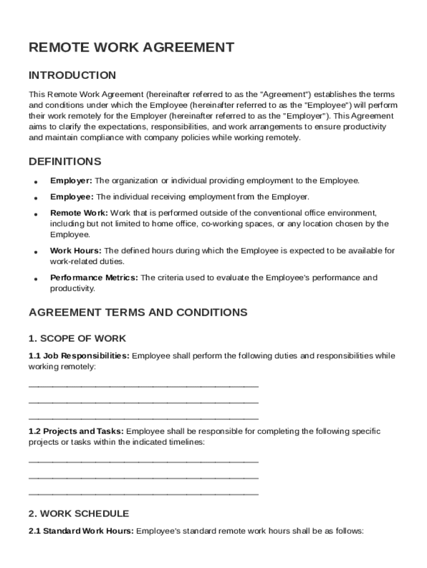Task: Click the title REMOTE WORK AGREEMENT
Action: click(131, 48)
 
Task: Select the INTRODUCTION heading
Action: click(72, 75)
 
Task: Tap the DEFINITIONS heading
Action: click(65, 162)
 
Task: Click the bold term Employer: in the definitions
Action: click(72, 181)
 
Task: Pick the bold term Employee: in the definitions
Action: click(72, 197)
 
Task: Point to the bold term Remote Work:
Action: click(79, 213)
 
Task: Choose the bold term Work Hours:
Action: click(76, 251)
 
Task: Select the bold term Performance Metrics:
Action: click(94, 278)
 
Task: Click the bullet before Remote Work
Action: click(35, 214)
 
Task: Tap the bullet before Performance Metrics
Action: click(35, 279)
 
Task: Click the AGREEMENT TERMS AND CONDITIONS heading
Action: click(138, 312)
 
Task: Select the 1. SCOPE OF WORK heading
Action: click(77, 338)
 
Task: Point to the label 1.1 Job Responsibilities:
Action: click(79, 356)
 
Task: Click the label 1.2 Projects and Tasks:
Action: click(77, 432)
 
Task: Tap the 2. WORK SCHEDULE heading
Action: click(79, 514)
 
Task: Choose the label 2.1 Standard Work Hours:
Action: click(81, 531)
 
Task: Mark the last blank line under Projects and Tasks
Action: click(143, 494)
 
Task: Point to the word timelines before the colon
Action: click(185, 443)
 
